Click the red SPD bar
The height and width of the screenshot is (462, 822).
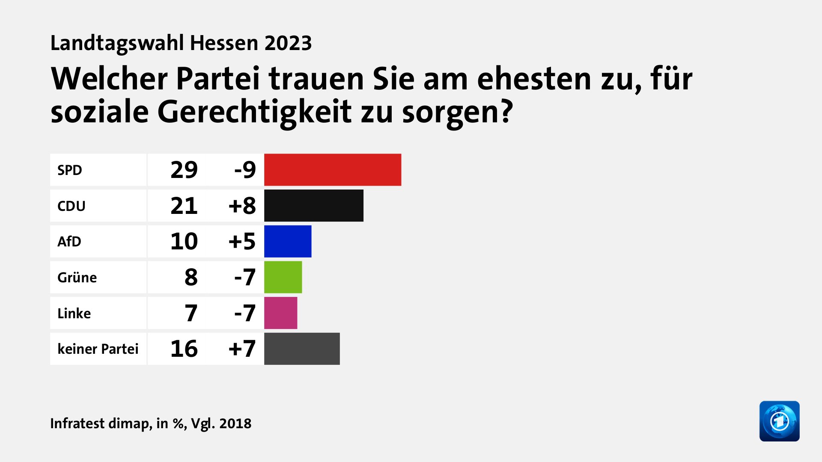[x=333, y=170]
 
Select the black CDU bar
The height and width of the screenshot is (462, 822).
[x=314, y=206]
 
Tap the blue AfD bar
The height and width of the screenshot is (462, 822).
[x=288, y=241]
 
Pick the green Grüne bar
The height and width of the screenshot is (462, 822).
[x=283, y=277]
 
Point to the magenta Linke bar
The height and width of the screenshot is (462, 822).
[x=280, y=313]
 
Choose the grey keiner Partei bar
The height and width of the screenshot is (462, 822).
[x=302, y=349]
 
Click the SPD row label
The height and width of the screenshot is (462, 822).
[x=70, y=170]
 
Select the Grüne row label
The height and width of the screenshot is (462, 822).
[x=77, y=278]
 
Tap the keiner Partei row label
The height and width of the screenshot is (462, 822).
[x=98, y=349]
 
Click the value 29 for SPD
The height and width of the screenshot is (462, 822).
[x=184, y=170]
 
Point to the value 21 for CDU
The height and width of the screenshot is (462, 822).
[x=184, y=206]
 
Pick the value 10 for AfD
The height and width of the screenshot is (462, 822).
[x=184, y=241]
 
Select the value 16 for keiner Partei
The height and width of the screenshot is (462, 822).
[x=184, y=349]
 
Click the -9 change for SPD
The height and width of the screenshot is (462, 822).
[x=245, y=170]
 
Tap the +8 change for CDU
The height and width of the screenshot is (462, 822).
[x=242, y=206]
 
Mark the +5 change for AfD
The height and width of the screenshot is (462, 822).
[x=242, y=241]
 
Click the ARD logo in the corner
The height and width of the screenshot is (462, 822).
[x=779, y=421]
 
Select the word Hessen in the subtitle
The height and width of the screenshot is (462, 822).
[x=224, y=43]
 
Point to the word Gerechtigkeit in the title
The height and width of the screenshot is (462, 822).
[x=255, y=112]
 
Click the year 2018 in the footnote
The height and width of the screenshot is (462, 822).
[x=235, y=423]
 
